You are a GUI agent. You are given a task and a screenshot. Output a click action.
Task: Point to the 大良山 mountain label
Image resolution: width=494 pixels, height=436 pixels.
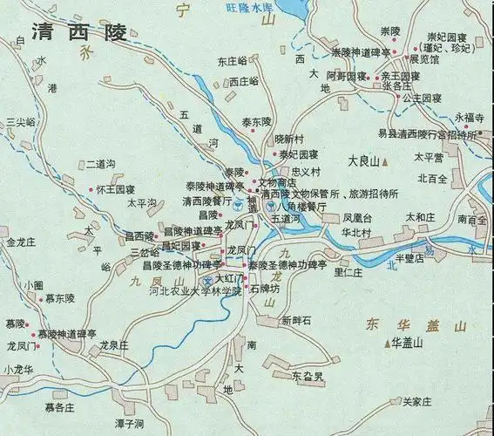(x=363, y=161)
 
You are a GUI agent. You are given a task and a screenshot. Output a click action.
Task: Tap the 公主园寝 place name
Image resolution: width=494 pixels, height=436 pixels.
(x=423, y=99)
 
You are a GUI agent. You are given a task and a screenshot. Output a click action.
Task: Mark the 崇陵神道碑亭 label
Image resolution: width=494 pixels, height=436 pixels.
(x=361, y=52)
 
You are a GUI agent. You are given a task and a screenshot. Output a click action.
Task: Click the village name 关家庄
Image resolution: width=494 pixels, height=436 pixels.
(x=416, y=402)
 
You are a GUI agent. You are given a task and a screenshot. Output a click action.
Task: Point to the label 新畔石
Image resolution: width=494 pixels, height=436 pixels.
(x=296, y=320)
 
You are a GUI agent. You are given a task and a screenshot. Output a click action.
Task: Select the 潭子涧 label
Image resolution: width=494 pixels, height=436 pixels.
(x=128, y=424)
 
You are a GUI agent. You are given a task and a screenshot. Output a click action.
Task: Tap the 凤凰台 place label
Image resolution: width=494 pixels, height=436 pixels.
(x=357, y=216)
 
